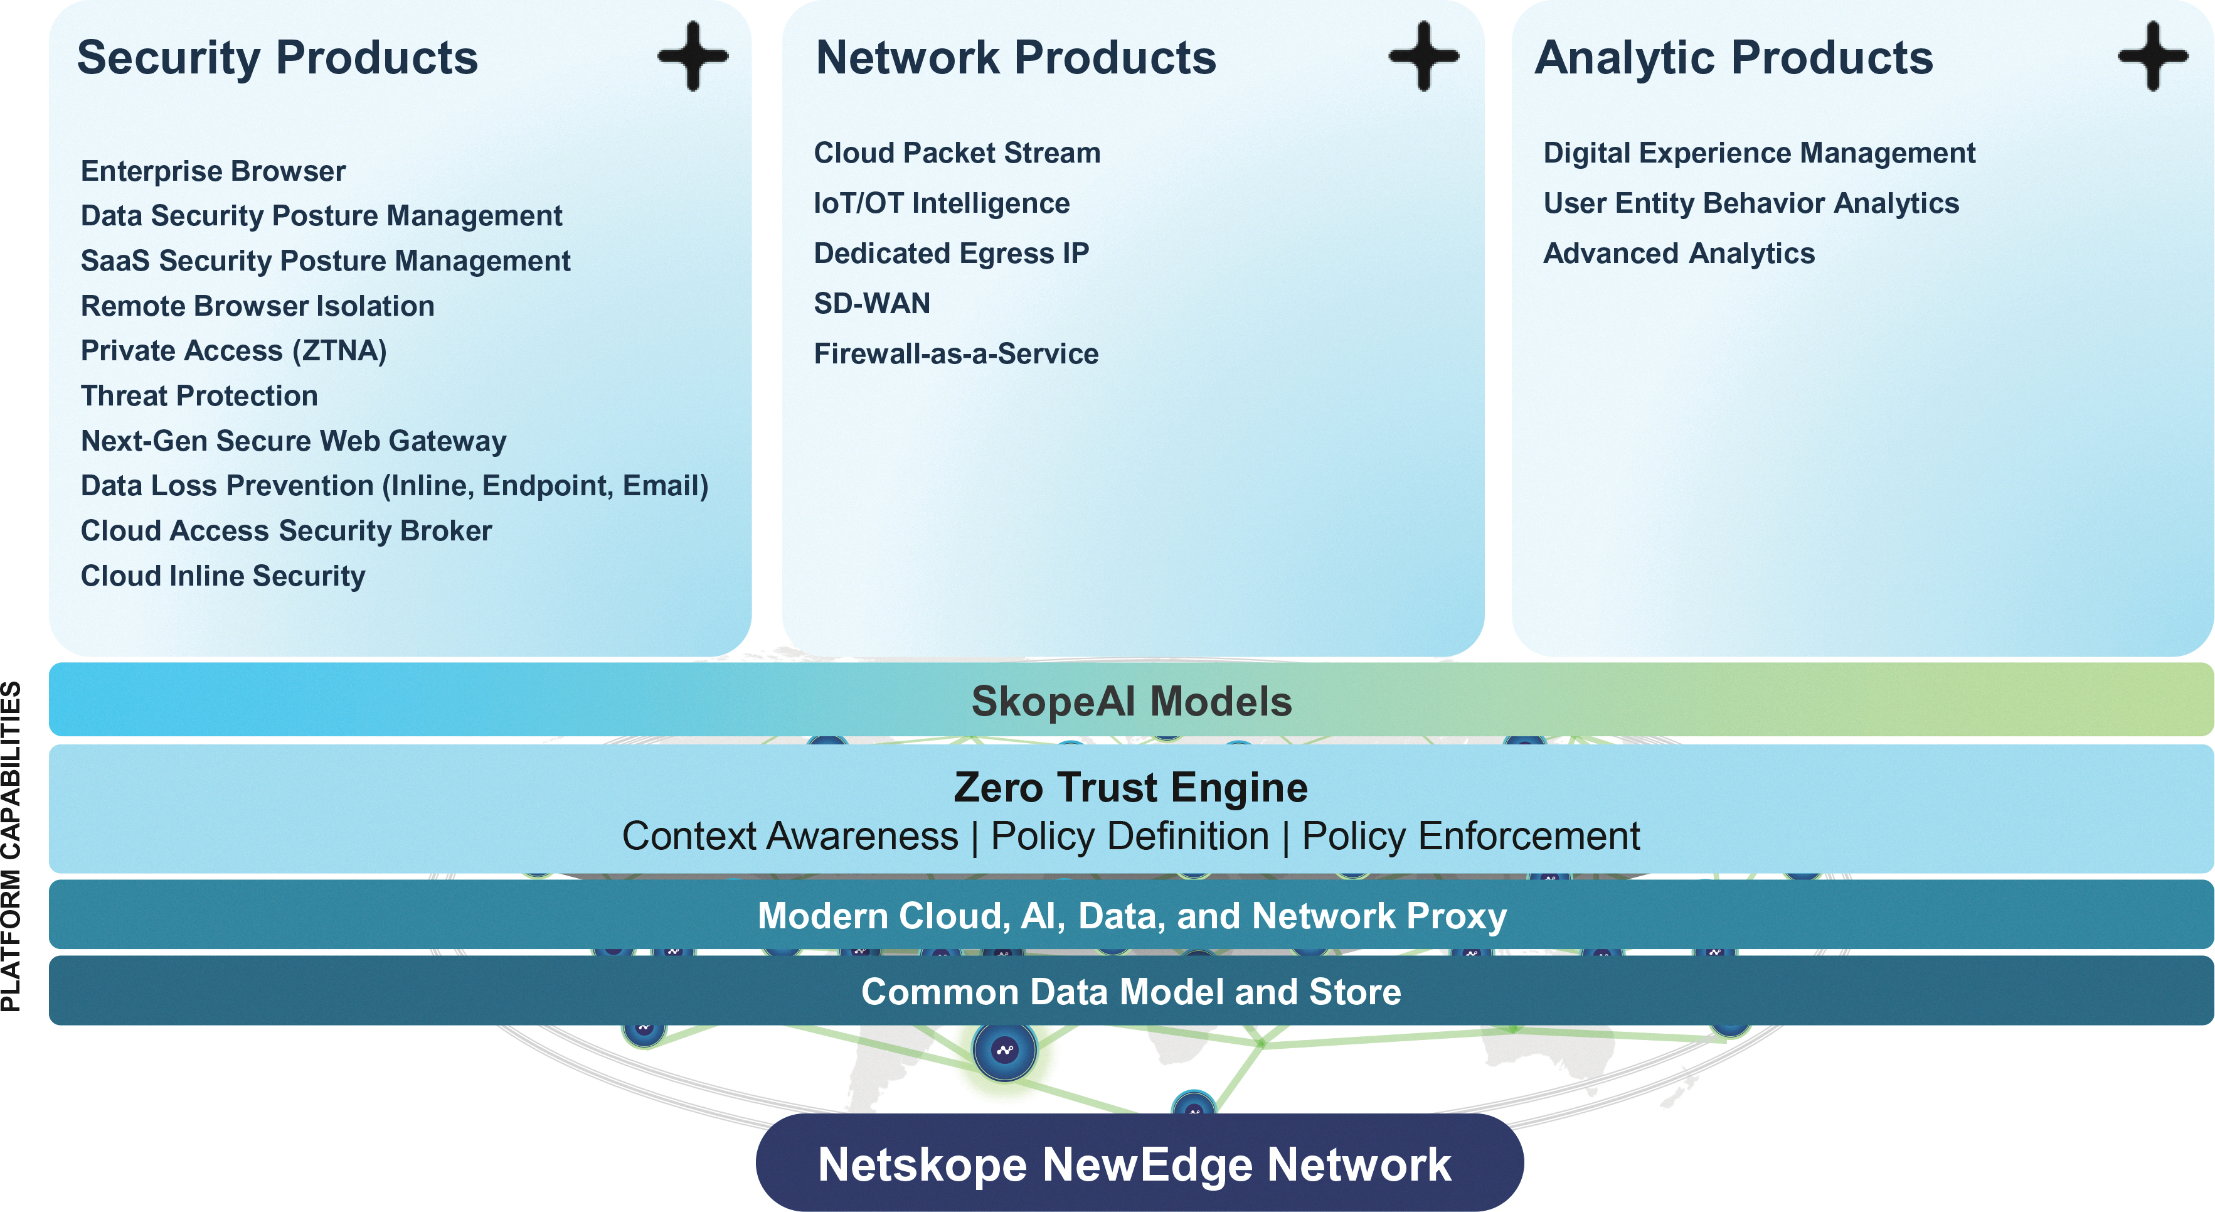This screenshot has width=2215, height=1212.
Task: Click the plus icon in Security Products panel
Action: tap(693, 56)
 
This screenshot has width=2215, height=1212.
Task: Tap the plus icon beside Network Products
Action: tap(1424, 56)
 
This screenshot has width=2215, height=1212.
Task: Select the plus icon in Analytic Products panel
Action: tap(2153, 56)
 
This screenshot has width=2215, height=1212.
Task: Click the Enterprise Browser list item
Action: tap(213, 171)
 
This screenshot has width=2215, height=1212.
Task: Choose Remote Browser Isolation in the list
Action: tap(257, 306)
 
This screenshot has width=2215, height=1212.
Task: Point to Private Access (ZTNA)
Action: tap(234, 351)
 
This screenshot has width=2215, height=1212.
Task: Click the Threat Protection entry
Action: tap(199, 395)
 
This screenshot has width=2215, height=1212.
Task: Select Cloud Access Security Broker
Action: tap(286, 531)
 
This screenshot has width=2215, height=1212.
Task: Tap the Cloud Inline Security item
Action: tap(223, 576)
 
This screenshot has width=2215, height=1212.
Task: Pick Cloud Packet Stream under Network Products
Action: tap(957, 153)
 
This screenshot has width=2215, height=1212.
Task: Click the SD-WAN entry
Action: tap(872, 304)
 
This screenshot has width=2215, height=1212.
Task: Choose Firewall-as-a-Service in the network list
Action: tap(956, 353)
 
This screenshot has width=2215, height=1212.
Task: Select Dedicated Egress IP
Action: tap(951, 254)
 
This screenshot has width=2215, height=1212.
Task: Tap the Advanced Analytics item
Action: tap(1679, 254)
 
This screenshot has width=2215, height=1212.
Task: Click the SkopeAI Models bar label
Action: tap(1132, 701)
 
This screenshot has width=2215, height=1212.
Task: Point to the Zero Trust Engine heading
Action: tap(1131, 787)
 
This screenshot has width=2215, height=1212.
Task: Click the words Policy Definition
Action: tap(1130, 836)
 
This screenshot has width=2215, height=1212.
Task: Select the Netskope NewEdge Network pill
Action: tap(1139, 1164)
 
